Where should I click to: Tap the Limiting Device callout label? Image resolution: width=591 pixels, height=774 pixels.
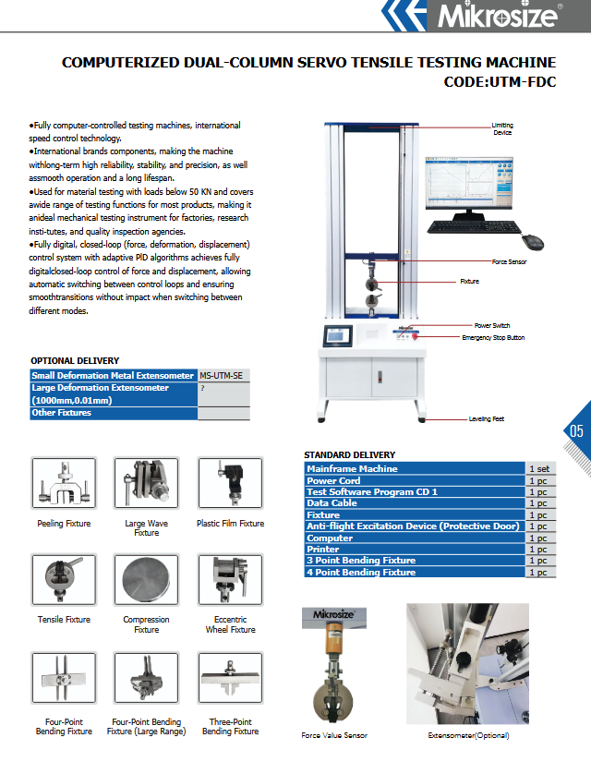click(x=502, y=128)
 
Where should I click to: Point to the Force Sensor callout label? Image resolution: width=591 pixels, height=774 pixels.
click(x=510, y=262)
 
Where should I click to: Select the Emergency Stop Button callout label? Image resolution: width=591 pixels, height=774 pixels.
click(x=493, y=338)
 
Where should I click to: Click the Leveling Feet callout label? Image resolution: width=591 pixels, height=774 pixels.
click(x=486, y=418)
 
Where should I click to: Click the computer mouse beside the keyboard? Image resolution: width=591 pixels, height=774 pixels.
click(x=532, y=242)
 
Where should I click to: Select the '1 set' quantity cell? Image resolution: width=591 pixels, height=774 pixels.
click(x=540, y=469)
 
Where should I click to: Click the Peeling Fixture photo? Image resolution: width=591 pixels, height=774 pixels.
click(x=64, y=482)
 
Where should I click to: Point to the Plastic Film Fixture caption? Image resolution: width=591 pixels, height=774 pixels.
click(x=230, y=524)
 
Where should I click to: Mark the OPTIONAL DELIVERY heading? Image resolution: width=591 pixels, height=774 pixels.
click(x=75, y=361)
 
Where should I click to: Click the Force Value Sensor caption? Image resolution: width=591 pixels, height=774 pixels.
click(x=334, y=735)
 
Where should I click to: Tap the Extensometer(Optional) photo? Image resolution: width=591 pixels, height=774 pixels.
click(x=467, y=662)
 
